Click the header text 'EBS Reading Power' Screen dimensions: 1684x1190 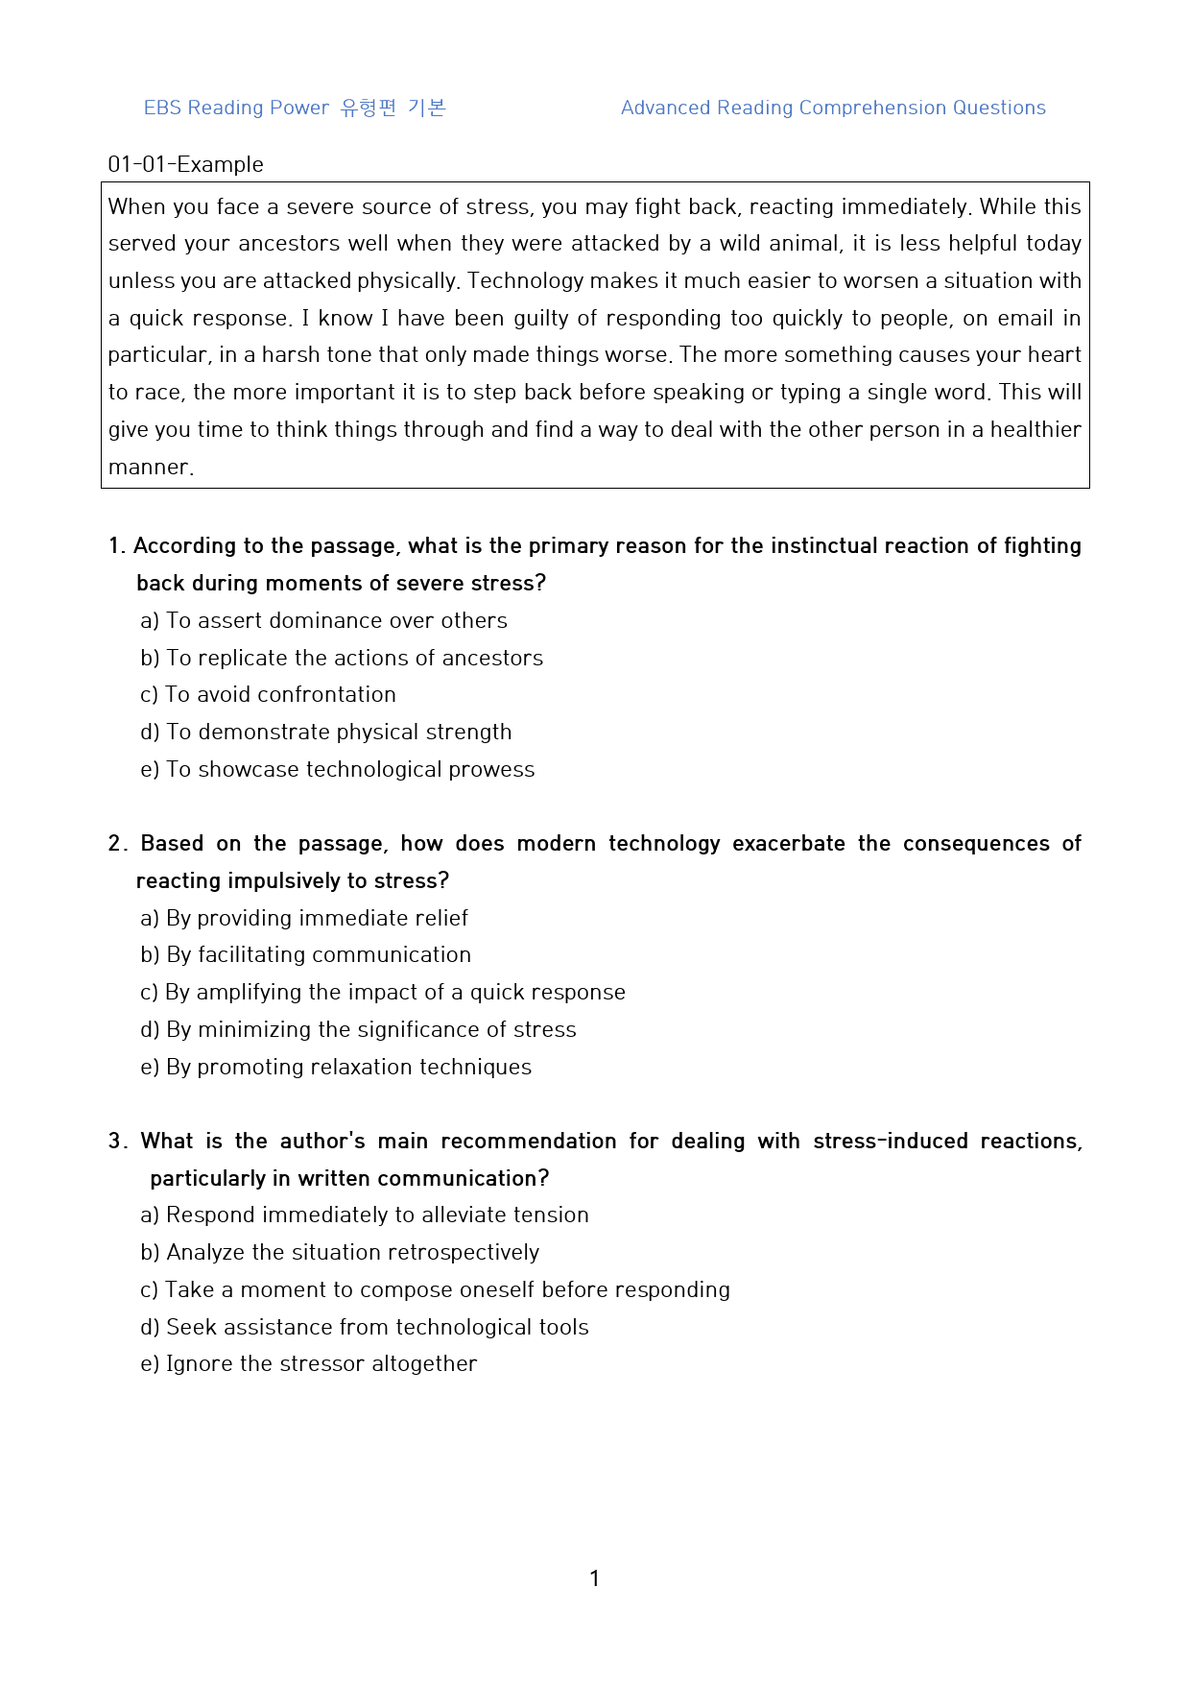236,108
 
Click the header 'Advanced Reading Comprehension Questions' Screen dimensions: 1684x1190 833,108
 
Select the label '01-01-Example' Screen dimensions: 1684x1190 185,164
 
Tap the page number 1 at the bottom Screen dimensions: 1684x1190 595,1578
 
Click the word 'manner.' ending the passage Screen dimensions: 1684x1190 151,468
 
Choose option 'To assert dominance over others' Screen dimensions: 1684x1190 336,620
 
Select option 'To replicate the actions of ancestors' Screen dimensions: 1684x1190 354,658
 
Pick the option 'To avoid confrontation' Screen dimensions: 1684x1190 280,694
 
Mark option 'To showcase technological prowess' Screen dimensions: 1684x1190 350,769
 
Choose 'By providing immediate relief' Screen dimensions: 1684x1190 317,918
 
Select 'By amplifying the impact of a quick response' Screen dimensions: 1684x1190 394,992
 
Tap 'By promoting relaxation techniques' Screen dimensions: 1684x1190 348,1067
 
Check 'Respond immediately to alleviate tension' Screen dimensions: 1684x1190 377,1215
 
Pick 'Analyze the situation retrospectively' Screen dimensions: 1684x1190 352,1252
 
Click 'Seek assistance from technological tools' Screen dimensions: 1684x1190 377,1327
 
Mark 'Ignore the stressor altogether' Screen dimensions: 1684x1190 321,1363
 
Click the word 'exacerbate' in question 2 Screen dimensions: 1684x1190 788,844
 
